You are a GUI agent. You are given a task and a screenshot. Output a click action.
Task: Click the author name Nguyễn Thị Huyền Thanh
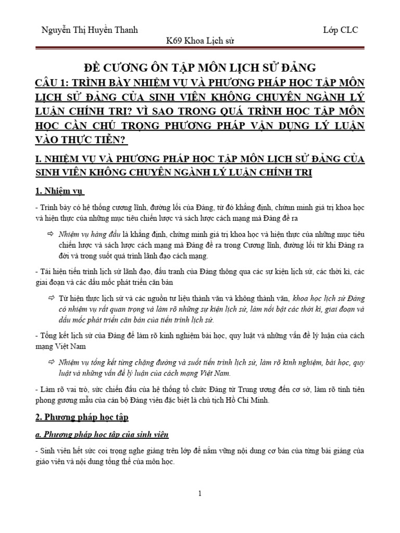(x=89, y=30)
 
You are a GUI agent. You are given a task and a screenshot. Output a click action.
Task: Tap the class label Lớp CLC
(x=340, y=30)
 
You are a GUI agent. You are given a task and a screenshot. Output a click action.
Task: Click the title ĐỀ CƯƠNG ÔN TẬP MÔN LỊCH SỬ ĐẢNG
(x=200, y=67)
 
